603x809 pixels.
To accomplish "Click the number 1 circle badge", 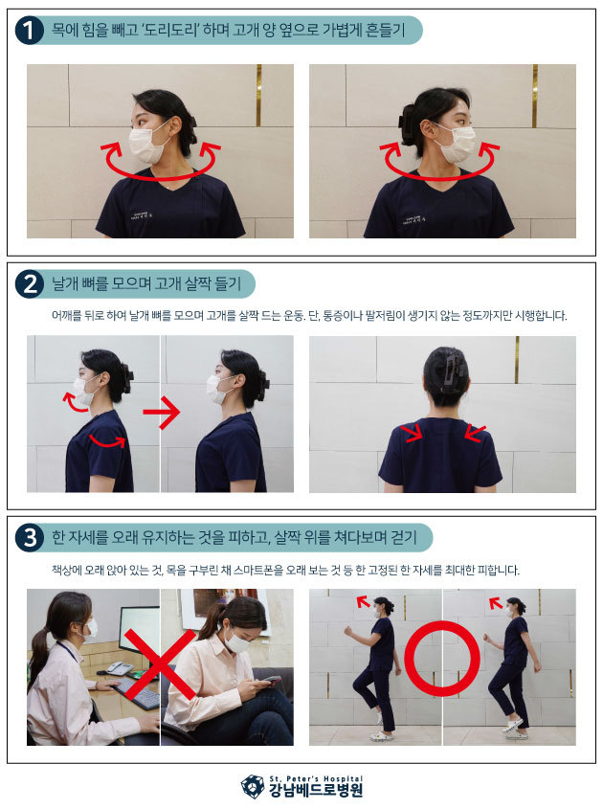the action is click(30, 30).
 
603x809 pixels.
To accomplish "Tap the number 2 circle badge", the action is click(30, 283).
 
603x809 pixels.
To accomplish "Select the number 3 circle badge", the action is click(30, 538).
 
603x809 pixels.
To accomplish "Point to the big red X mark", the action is click(160, 664).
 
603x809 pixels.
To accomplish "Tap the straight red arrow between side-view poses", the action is click(162, 413).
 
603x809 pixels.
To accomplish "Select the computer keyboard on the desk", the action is click(138, 694).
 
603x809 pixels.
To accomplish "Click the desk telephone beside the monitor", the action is click(119, 668).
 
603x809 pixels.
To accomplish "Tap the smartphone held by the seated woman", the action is click(267, 682).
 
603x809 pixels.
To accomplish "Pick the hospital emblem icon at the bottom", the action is click(253, 786).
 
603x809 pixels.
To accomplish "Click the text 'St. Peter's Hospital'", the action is click(316, 778).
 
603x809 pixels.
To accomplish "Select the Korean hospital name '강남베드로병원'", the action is click(316, 791).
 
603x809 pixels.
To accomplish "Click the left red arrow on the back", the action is click(413, 434).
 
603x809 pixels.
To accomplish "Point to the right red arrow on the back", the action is click(475, 434).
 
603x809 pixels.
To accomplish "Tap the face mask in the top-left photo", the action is click(146, 143).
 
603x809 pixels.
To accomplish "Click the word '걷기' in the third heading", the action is click(404, 538).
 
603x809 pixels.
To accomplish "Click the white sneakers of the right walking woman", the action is click(515, 727).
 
